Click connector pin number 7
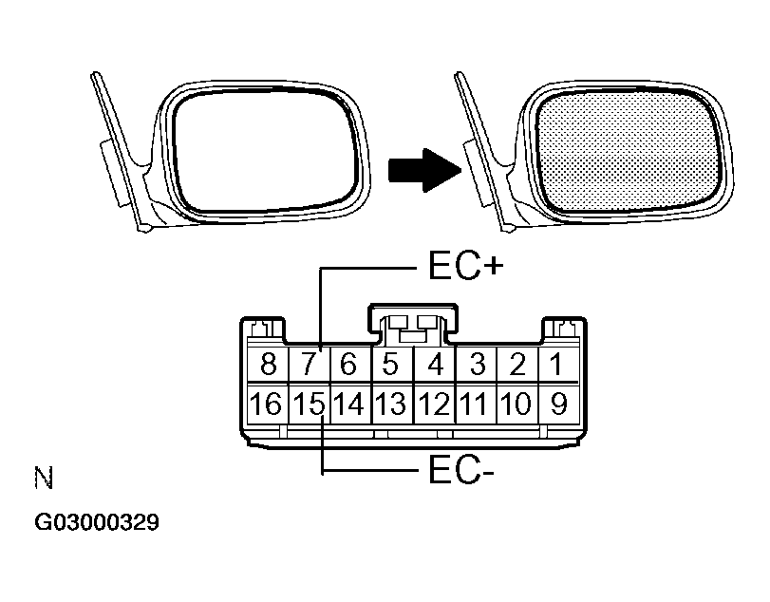click(308, 364)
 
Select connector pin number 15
click(308, 404)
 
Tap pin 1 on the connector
click(559, 364)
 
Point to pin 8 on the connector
click(268, 364)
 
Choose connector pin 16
click(268, 404)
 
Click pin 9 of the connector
click(559, 404)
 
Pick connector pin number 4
click(434, 364)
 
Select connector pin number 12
click(434, 404)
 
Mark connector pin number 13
click(391, 404)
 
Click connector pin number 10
click(517, 404)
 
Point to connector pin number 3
click(476, 364)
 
